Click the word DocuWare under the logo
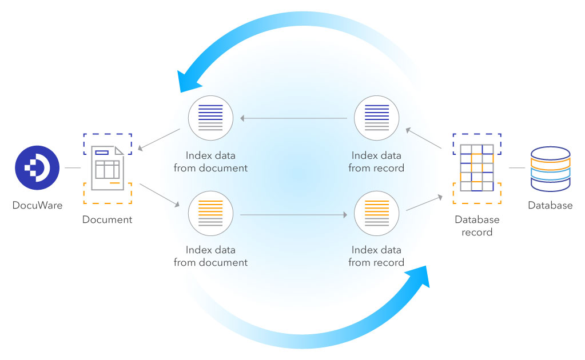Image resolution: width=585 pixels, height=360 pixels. (38, 205)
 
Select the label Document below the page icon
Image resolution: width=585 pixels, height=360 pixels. (107, 219)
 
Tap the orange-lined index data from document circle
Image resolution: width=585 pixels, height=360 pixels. (210, 213)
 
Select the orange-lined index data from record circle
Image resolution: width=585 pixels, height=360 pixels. (376, 213)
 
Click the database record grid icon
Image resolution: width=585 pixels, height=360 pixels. (477, 168)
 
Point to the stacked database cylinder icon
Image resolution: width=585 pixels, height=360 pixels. (550, 169)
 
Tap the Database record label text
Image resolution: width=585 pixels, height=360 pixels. (477, 226)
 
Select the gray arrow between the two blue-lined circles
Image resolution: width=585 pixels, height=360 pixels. (293, 119)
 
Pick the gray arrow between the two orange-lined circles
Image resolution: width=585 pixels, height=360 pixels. (293, 215)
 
